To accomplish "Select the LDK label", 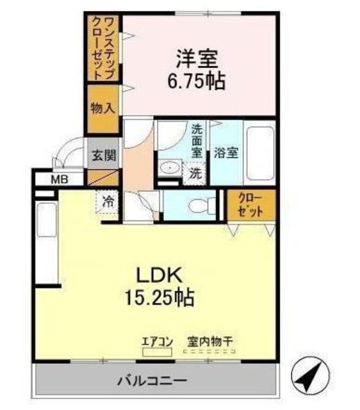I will [x=160, y=275].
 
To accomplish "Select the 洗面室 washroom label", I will [x=197, y=140].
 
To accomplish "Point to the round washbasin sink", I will [x=169, y=168].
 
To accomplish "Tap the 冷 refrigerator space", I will [x=109, y=201].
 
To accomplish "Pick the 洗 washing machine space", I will [x=195, y=172].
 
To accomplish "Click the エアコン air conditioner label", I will [x=158, y=341].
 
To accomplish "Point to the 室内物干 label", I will [x=210, y=341].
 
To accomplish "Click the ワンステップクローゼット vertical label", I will [x=102, y=48].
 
